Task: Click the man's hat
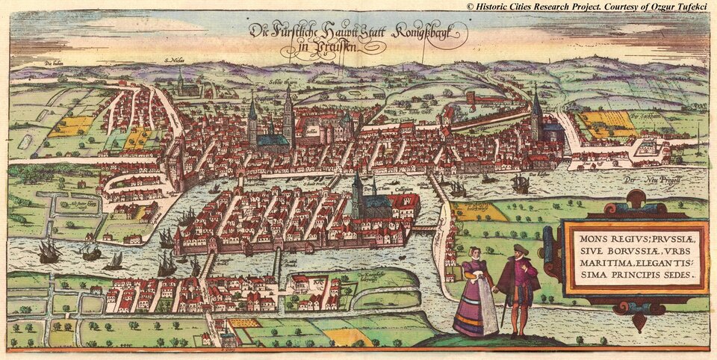520,249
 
